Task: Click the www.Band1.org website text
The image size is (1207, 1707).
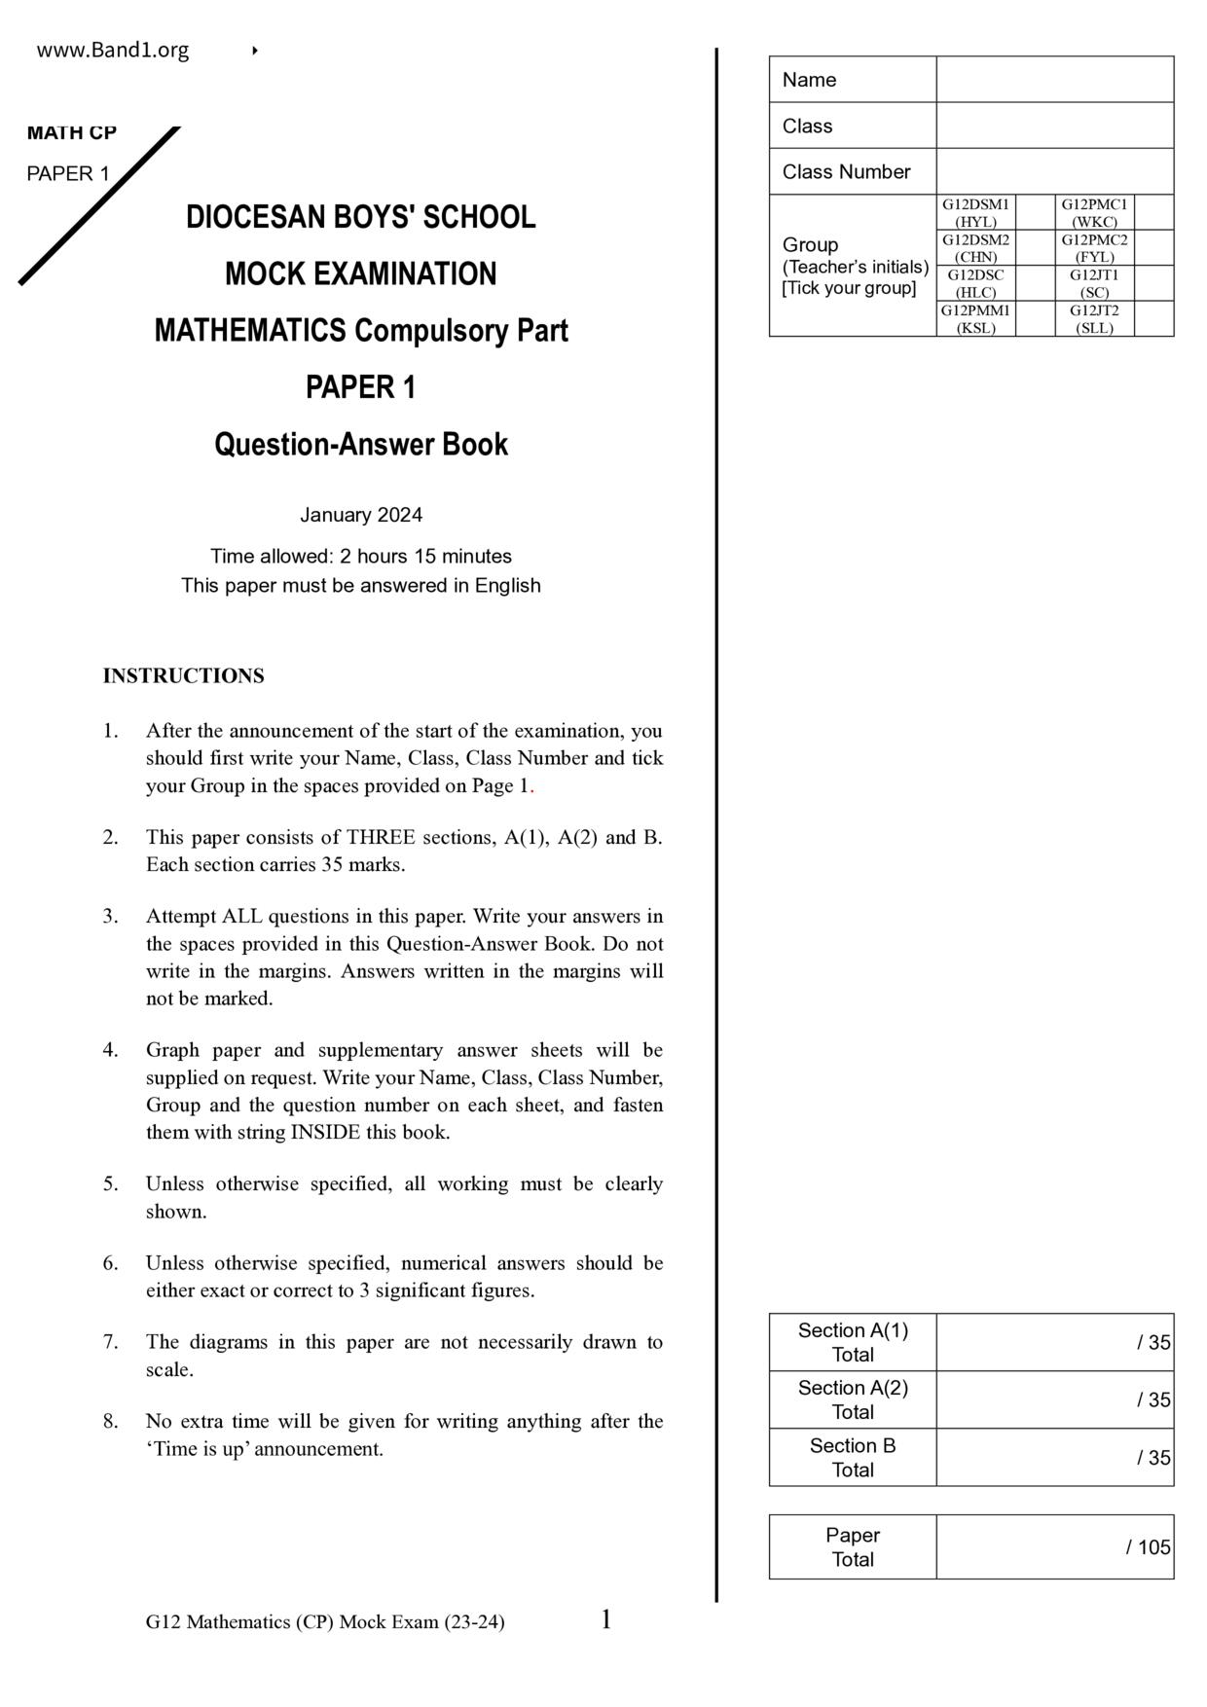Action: (113, 51)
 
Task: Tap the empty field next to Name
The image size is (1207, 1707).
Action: (1054, 80)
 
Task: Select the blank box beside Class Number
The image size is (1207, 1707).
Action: (1054, 172)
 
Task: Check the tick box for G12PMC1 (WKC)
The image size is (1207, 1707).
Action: (1153, 212)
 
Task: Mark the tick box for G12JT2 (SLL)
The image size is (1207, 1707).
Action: (1153, 319)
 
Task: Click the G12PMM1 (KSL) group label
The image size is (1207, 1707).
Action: (975, 319)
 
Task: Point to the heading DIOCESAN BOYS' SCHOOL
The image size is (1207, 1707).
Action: (360, 217)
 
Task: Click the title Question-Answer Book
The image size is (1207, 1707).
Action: (360, 445)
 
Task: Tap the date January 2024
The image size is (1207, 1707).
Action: (360, 515)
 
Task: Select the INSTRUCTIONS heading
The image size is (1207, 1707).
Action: (183, 676)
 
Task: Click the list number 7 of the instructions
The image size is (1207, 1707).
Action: (110, 1342)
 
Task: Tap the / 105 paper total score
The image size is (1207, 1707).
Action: (1149, 1547)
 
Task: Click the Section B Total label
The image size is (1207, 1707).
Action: (853, 1458)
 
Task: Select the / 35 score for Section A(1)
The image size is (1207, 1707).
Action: (1153, 1343)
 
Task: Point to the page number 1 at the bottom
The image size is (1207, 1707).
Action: (605, 1620)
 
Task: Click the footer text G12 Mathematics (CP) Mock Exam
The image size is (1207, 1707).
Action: (325, 1622)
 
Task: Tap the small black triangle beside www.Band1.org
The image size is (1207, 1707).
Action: (254, 51)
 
